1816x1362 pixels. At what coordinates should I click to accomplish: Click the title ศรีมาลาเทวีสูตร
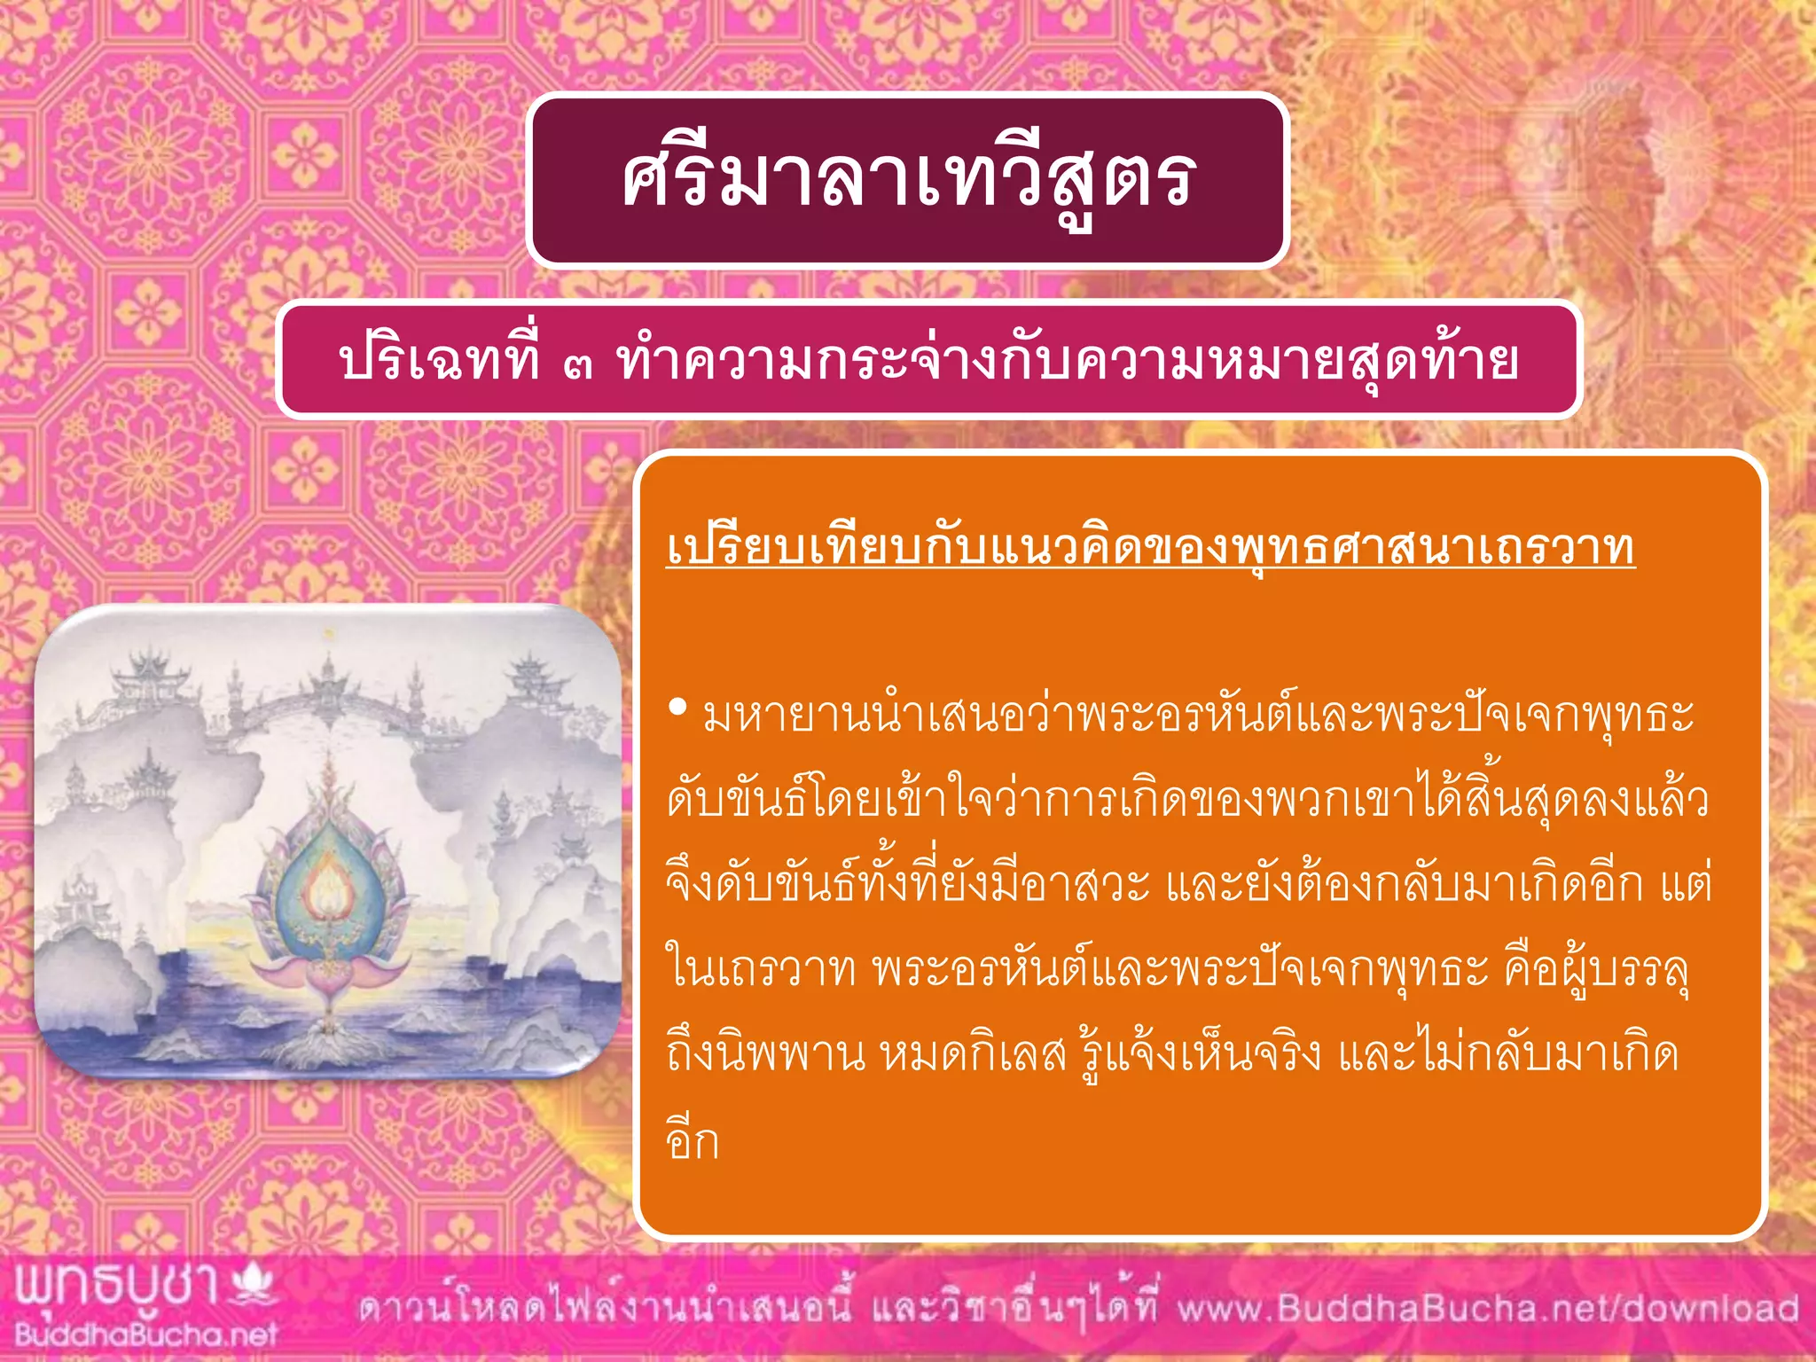point(907,181)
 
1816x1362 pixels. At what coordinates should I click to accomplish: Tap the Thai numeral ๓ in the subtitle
point(577,364)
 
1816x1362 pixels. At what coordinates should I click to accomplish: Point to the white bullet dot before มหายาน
point(678,708)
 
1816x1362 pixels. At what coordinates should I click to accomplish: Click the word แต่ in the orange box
point(1684,885)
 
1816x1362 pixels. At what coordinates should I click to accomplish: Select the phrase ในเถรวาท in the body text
point(760,969)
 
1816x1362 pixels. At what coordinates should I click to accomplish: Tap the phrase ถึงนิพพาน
point(764,1054)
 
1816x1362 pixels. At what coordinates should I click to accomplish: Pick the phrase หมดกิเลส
point(972,1054)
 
